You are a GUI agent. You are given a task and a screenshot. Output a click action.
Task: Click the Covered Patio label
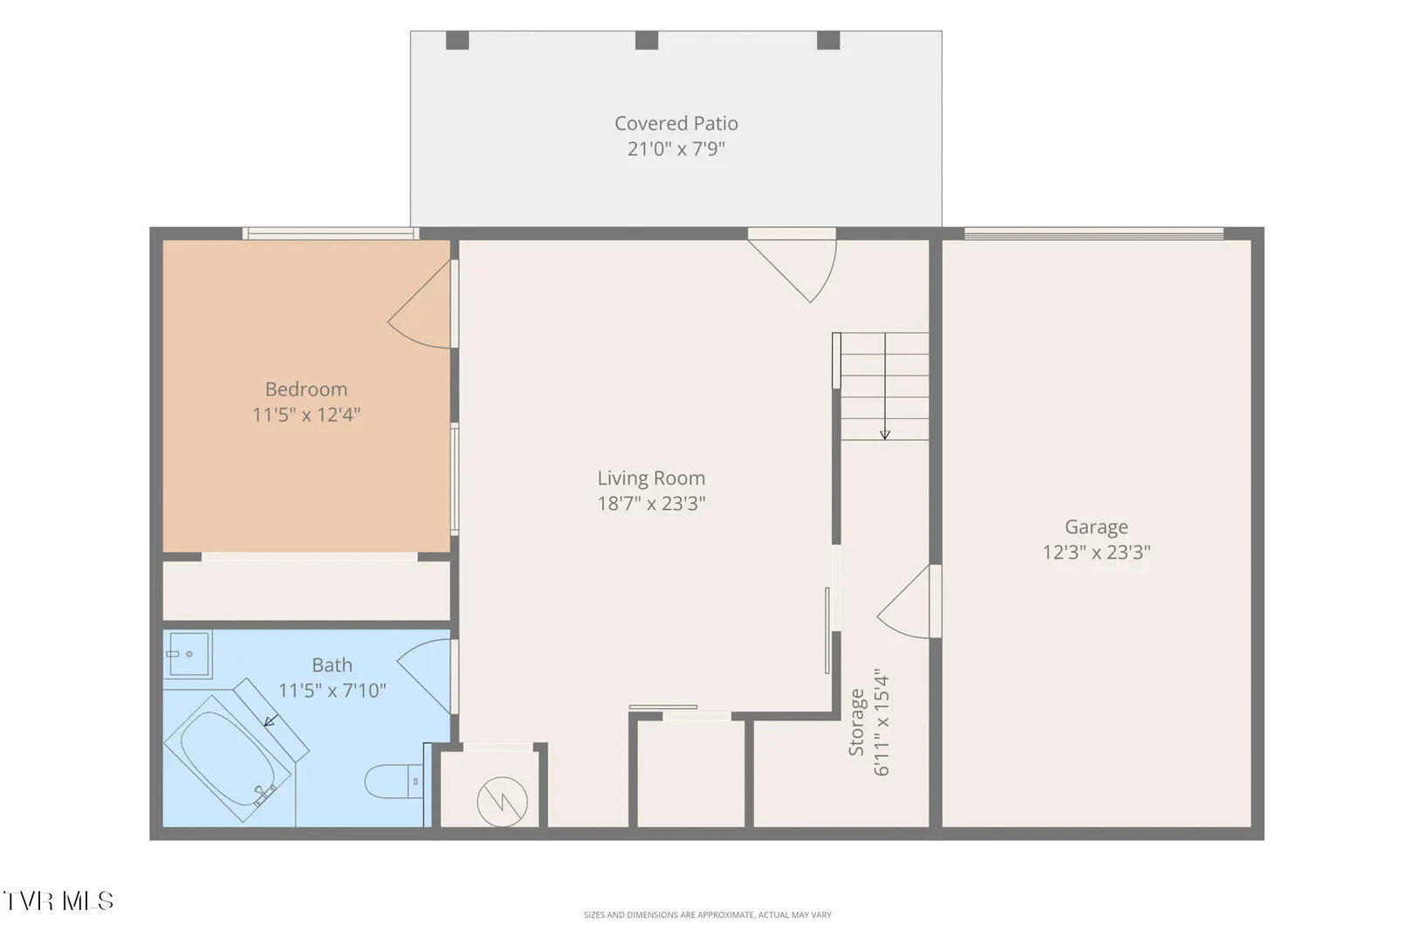(676, 123)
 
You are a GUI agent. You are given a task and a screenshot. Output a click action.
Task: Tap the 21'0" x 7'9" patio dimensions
(676, 149)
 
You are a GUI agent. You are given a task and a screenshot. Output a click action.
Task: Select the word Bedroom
(306, 389)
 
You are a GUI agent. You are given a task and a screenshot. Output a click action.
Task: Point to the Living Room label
(651, 478)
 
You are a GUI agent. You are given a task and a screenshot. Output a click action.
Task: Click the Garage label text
(1096, 527)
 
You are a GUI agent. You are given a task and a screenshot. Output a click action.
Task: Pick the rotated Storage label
(856, 723)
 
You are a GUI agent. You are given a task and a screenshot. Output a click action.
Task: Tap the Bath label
(332, 665)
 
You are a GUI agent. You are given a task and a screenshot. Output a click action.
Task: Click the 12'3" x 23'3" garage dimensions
(1096, 553)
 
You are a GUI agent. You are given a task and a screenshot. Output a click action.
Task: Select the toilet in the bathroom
(394, 781)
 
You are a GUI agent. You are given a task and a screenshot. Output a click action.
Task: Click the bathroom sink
(188, 654)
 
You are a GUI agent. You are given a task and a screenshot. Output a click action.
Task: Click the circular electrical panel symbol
(503, 802)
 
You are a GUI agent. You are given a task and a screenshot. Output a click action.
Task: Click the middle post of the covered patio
(647, 40)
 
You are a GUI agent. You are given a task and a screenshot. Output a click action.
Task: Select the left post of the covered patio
(457, 40)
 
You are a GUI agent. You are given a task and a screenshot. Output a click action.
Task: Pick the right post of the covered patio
(828, 40)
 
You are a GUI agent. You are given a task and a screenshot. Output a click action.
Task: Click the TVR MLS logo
(58, 901)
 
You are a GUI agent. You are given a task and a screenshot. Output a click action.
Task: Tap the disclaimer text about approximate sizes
(707, 914)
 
